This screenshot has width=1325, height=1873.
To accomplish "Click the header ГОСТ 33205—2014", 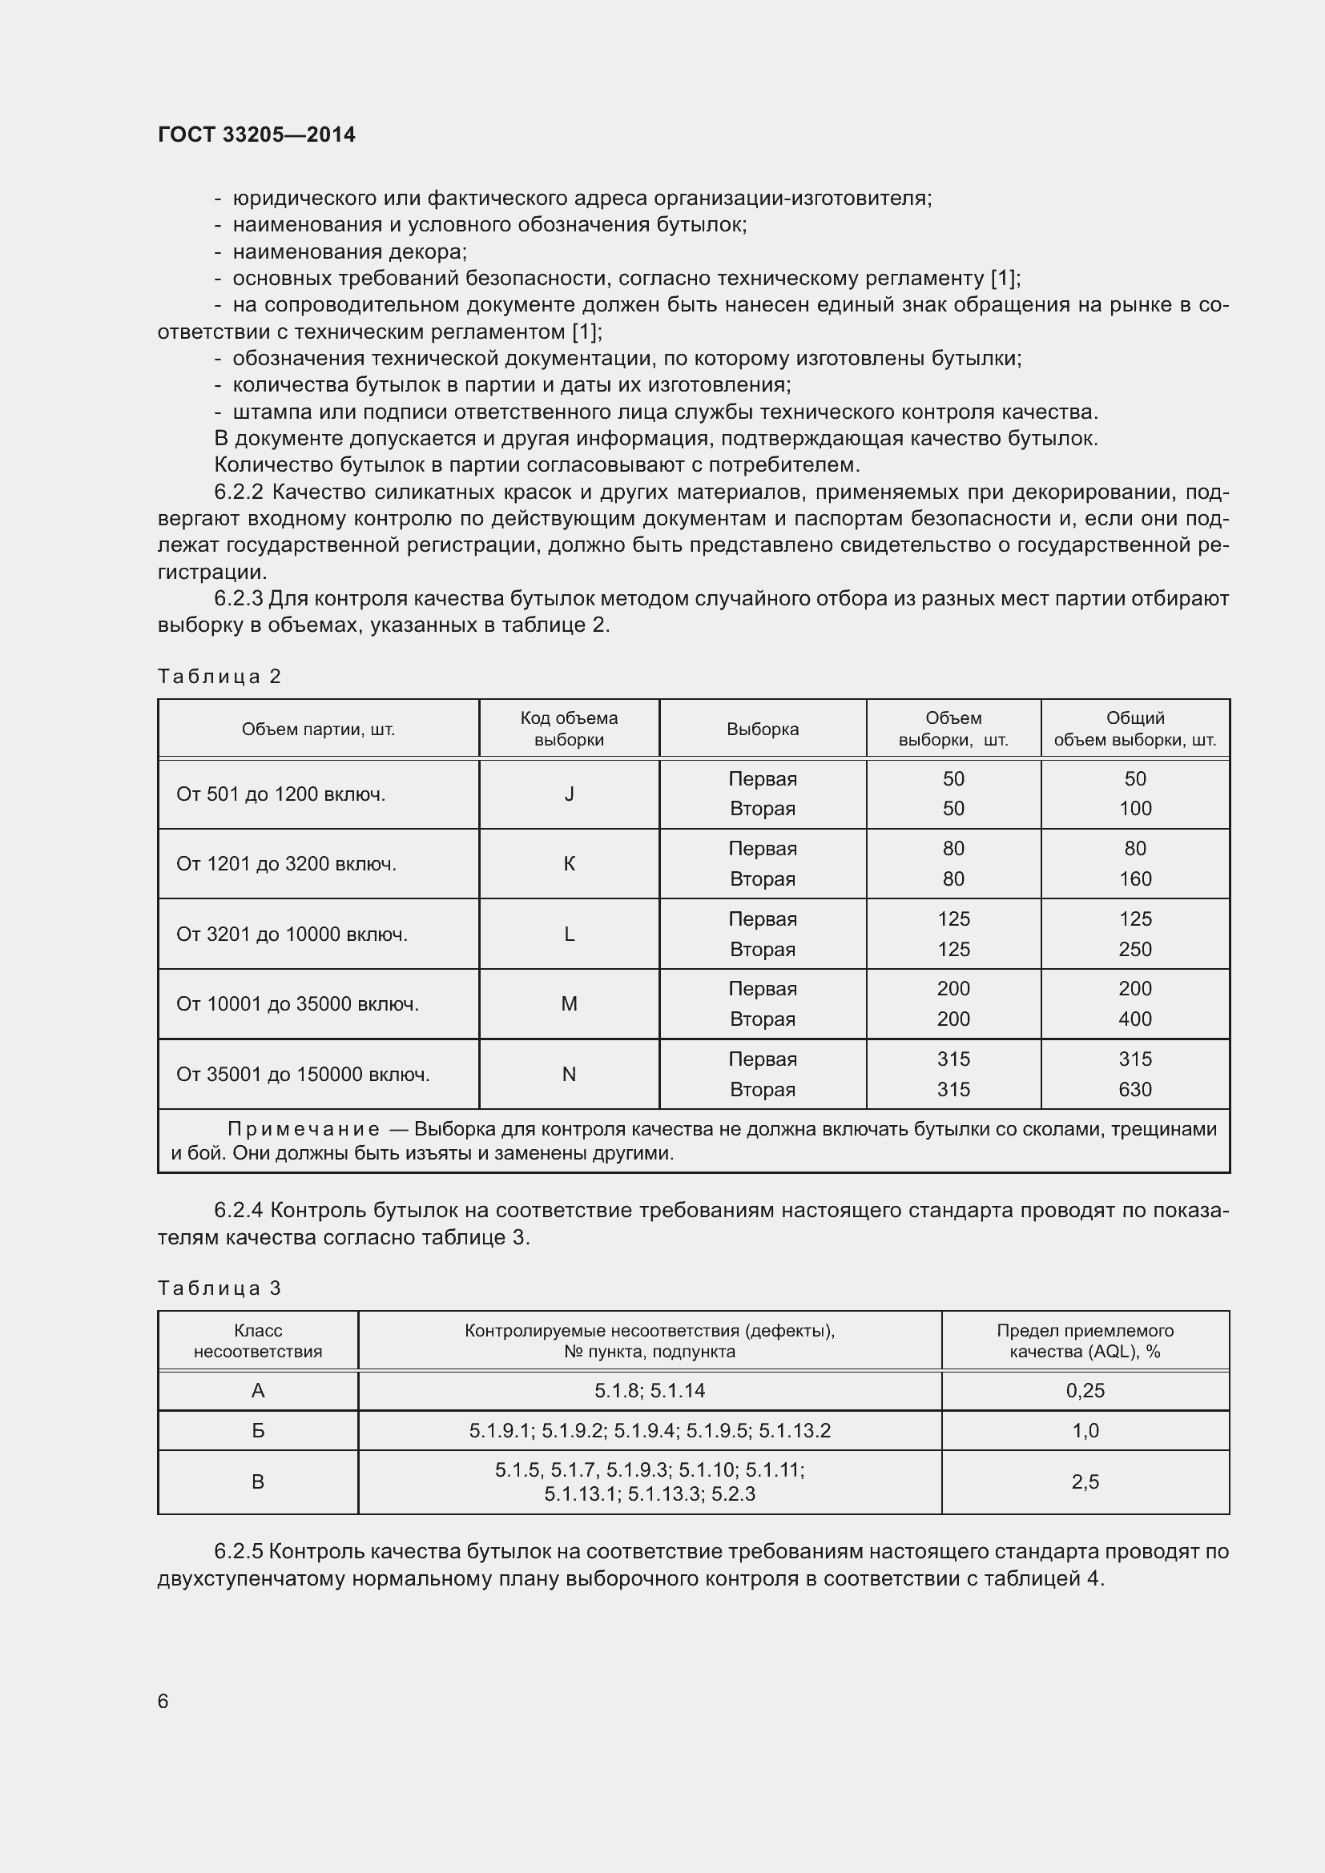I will (256, 135).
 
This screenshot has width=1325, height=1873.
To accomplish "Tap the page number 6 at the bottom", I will (163, 1701).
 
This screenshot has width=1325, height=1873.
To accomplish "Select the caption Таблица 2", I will (219, 677).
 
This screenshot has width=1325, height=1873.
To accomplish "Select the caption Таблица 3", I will (219, 1288).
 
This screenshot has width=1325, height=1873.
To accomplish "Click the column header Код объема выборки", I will (569, 729).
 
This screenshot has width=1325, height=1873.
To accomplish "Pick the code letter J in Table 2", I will (569, 794).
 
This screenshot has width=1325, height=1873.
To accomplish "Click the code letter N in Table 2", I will (569, 1075).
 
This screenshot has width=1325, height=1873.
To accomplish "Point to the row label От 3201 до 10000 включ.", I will (292, 934).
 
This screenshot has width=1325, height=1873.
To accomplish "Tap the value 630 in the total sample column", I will (1134, 1090).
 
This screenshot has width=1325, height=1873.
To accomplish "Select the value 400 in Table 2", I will (1134, 1019).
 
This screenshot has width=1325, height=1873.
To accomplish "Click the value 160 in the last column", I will (1134, 879).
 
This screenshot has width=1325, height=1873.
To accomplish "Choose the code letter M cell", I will (569, 1004).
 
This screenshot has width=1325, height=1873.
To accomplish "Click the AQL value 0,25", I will (1085, 1391).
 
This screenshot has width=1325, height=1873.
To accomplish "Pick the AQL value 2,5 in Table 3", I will (1085, 1482).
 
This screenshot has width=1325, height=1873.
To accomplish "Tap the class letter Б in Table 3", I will (258, 1431).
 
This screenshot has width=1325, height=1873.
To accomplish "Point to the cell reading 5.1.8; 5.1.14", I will (650, 1391).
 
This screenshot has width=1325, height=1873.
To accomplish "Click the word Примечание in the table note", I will (303, 1129).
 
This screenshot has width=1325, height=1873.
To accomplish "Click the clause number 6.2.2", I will (238, 492).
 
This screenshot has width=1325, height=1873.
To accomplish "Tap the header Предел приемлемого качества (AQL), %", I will (1085, 1341).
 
